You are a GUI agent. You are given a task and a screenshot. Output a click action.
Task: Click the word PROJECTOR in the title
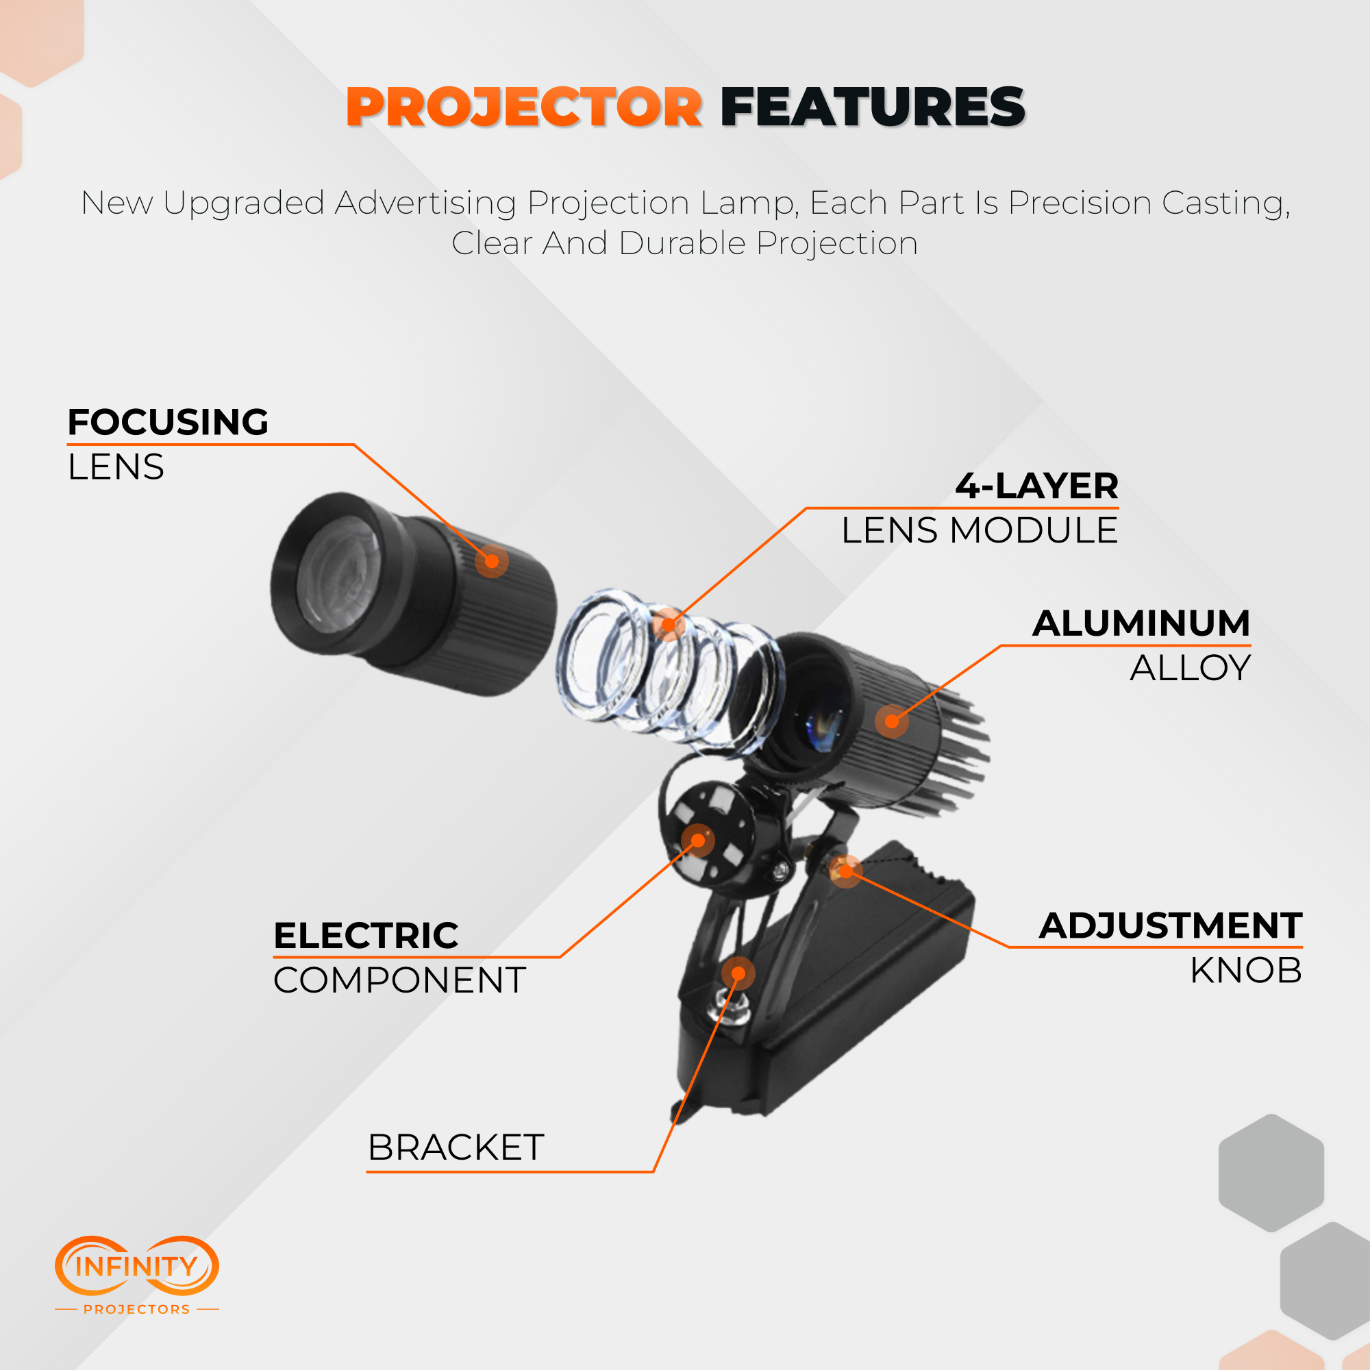524,108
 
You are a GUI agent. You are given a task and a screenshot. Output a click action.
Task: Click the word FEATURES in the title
873,108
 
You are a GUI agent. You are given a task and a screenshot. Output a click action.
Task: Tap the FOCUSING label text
168,422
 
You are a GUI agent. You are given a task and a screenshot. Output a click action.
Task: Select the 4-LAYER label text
1036,486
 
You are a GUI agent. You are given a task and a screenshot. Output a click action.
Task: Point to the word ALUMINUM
1141,623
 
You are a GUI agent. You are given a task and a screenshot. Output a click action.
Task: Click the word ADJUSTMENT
1171,925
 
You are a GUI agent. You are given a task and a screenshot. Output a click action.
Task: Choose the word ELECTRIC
366,935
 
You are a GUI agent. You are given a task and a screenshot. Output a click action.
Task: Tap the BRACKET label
456,1147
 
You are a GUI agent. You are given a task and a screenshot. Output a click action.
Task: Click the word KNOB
1246,970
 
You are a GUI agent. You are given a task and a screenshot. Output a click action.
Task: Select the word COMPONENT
400,980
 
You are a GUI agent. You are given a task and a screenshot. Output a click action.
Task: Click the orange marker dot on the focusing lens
491,561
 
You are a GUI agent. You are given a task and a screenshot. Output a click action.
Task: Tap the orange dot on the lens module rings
668,625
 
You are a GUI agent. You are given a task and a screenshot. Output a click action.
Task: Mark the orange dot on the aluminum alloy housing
891,721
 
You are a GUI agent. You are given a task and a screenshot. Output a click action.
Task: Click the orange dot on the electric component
698,841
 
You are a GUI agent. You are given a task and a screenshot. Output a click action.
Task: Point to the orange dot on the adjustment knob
845,871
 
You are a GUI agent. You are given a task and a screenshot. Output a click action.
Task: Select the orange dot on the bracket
738,973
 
